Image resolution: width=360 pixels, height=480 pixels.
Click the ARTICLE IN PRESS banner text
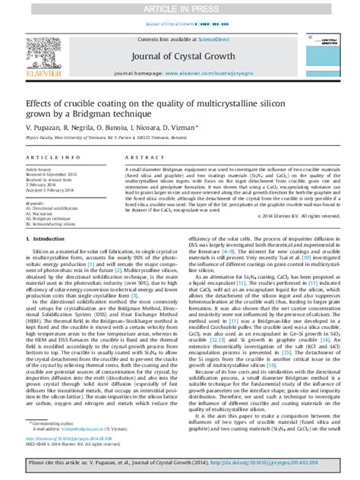(x=179, y=8)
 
